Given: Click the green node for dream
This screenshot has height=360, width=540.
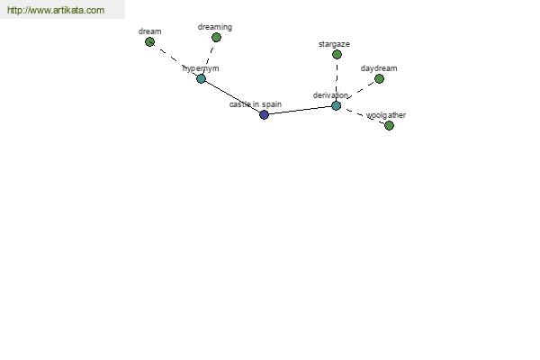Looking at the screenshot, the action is coord(149,42).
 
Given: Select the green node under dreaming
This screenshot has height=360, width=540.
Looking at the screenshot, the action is coord(216,37).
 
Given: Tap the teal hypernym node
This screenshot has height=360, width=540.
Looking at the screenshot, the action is coord(201,79).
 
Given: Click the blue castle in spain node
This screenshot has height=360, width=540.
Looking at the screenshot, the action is coord(264,114).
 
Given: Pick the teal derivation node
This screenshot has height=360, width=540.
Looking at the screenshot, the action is coord(337,106).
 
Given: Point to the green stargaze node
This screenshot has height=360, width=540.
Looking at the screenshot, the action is coord(337,54).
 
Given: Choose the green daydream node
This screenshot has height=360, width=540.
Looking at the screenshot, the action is coord(379,79).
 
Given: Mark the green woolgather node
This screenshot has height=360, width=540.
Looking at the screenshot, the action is coord(389,125).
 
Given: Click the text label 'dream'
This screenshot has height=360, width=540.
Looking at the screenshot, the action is coord(149,31).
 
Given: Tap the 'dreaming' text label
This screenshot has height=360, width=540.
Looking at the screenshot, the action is coord(215,27).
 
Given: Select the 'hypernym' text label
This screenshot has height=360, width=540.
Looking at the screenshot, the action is coord(201,68).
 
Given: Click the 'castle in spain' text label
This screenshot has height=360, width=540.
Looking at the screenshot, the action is coord(256,104).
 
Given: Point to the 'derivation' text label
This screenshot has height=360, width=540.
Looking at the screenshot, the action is coord(330,95).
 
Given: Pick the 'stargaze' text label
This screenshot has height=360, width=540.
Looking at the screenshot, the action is coord(334,44).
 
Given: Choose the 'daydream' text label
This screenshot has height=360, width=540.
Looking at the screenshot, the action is coord(379,68).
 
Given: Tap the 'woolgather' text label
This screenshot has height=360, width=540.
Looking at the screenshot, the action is coord(386,115).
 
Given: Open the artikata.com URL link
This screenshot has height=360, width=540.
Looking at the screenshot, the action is coord(56,10).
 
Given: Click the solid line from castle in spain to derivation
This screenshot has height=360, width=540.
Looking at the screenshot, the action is coord(301,110).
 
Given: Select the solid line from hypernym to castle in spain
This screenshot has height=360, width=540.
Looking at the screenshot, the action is coord(232,97).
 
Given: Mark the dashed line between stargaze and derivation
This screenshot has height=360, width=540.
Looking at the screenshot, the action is coord(337,80).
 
